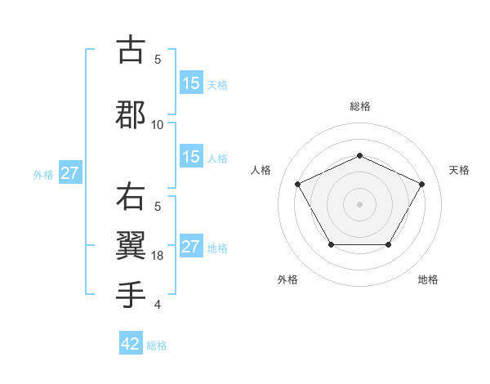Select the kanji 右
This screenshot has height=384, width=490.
coord(131,198)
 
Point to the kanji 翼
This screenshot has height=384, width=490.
coord(131,243)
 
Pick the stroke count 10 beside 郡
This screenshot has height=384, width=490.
coord(158,125)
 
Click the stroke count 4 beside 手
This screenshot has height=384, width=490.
coord(158,305)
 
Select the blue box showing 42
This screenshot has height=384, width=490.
coord(130,344)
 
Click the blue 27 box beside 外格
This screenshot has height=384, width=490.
coord(70,173)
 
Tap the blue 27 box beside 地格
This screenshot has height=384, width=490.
coord(190,247)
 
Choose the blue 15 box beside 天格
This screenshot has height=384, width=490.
coord(190,83)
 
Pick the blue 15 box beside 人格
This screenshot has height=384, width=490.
coord(190,158)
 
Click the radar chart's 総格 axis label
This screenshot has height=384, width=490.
coord(359,106)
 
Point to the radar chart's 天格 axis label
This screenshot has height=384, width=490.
coord(459,170)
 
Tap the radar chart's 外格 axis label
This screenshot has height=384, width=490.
coord(287,279)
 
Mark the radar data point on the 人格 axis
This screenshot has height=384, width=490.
coord(297,184)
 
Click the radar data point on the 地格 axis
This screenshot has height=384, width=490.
coord(388,244)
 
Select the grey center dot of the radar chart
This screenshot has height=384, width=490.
coord(359,203)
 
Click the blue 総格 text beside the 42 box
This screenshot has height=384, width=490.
coord(157,346)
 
